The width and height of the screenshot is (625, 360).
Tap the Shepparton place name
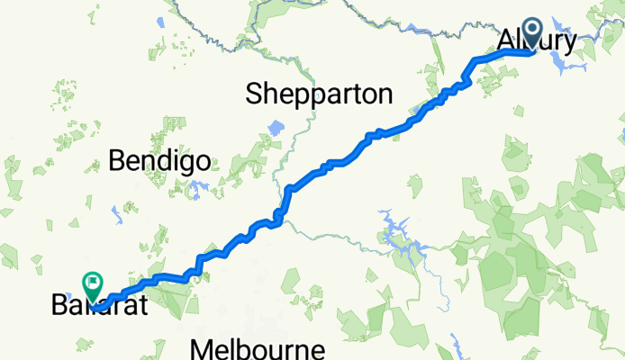[320, 94]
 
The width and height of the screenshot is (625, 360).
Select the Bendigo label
[159, 162]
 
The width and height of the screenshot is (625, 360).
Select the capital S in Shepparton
[255, 94]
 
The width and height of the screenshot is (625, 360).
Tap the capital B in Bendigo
[116, 162]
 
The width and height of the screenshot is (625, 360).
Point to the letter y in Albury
[570, 44]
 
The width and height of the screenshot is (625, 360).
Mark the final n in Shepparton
[385, 94]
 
